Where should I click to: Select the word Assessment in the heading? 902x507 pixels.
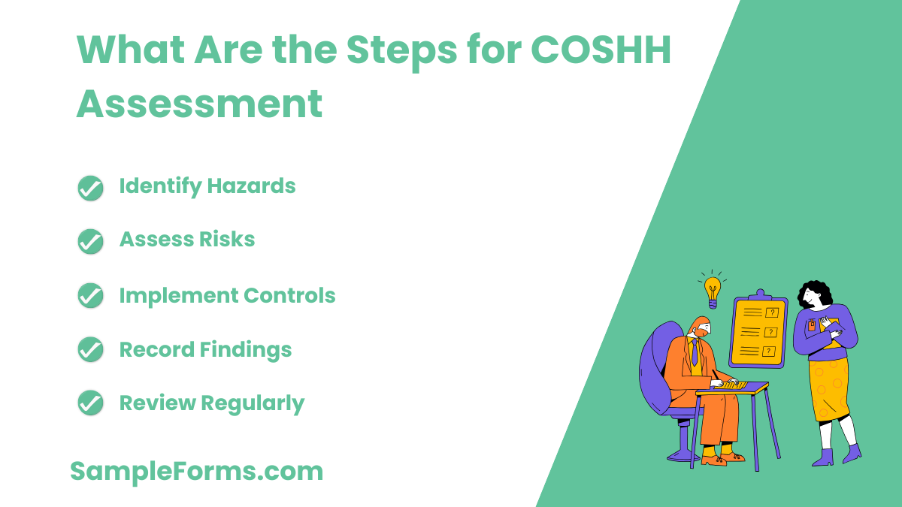coord(199,104)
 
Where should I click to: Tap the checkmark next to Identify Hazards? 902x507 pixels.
coord(90,188)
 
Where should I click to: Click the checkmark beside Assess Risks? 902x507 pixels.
coord(90,242)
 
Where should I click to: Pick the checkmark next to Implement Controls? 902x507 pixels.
coord(90,296)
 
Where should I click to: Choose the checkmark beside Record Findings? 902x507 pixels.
coord(90,350)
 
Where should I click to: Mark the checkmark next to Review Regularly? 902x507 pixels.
coord(90,404)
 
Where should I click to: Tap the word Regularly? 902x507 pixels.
coord(253,404)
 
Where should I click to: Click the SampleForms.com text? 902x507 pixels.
coord(196,472)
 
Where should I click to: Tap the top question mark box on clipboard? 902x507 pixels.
coord(770,312)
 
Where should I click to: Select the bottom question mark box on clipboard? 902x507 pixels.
coord(768,351)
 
